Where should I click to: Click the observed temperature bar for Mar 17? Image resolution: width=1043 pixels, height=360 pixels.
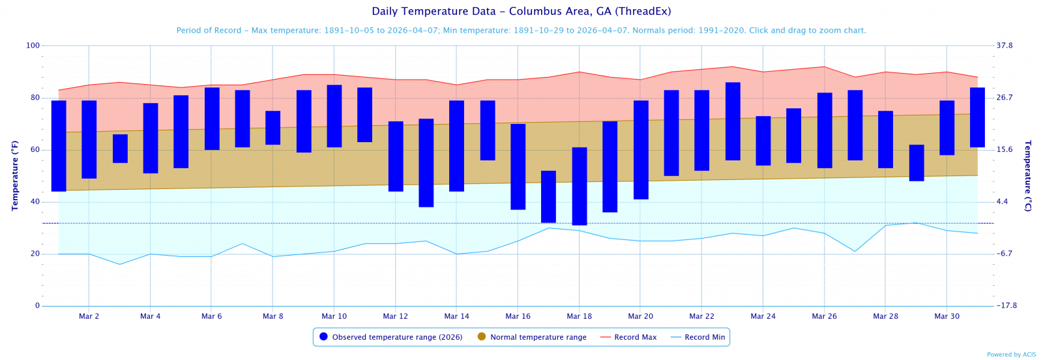pos(548,196)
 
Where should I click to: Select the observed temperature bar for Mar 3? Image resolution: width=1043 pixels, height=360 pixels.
pos(120,149)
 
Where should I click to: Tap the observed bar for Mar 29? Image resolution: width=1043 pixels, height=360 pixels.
pos(917,163)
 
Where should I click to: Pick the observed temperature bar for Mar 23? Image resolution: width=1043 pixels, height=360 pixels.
pos(733,121)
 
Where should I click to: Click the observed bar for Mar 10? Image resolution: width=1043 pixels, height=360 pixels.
pos(334,116)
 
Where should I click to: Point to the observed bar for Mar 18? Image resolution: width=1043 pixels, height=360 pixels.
pos(580,186)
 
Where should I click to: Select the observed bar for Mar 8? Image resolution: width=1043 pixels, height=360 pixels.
pos(273,128)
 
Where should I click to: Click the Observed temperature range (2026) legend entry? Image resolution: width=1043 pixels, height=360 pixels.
pos(391,337)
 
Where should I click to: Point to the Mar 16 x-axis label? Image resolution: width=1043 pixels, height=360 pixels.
pos(518,316)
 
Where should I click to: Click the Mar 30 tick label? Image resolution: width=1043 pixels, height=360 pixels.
pos(947,316)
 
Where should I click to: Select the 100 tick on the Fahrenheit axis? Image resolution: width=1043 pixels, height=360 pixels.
pos(33,46)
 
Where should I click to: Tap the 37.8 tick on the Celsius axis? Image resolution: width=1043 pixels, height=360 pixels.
pos(1005,46)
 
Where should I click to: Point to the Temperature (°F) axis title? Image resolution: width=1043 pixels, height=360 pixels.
pos(15,175)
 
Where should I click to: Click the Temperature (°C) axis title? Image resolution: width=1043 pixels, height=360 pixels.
pos(1028,175)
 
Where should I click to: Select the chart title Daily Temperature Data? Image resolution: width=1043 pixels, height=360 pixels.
pos(521,11)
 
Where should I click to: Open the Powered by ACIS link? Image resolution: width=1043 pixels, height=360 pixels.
pos(1011,355)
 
